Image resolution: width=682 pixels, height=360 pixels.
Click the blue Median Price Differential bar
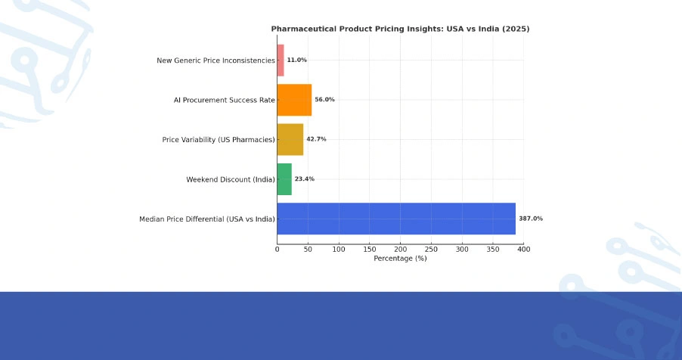(x=396, y=219)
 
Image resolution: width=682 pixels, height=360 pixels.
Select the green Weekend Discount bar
(x=284, y=179)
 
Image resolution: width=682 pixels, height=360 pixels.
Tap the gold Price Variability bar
(x=290, y=139)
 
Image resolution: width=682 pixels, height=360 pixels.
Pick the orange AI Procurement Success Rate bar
(x=294, y=100)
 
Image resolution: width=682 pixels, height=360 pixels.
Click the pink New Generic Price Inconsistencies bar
(x=281, y=60)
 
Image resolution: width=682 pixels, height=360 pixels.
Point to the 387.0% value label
(x=531, y=219)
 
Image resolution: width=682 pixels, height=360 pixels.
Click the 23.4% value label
(x=305, y=179)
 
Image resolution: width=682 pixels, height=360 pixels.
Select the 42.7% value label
(x=316, y=139)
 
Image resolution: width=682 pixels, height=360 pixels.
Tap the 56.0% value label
(x=324, y=100)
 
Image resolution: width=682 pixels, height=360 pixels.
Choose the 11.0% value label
(x=296, y=60)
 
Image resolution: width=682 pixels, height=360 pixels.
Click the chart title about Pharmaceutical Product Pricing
(x=400, y=29)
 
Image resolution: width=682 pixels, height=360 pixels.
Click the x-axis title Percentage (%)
(x=400, y=258)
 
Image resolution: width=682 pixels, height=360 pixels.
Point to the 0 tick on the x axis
(x=277, y=249)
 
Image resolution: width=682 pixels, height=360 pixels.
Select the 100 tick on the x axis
(x=339, y=249)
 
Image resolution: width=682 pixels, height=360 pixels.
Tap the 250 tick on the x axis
(x=431, y=249)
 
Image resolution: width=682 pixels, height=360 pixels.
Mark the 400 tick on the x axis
(x=523, y=249)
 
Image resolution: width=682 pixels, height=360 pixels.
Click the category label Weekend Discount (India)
(x=231, y=179)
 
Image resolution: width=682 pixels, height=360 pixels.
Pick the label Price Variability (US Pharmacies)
(x=219, y=140)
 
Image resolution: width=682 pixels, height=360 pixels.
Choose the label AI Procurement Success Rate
(x=224, y=100)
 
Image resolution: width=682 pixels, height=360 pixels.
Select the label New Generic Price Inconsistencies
(x=215, y=61)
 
